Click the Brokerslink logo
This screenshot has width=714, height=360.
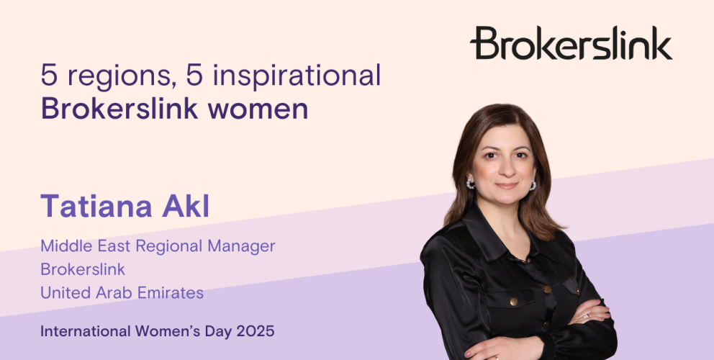coord(571,42)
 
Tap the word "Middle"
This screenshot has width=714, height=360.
coord(64,246)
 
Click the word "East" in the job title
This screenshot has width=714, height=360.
coord(112,246)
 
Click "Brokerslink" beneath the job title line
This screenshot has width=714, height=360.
coord(83,269)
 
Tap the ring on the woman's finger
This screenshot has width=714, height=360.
coord(586,315)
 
